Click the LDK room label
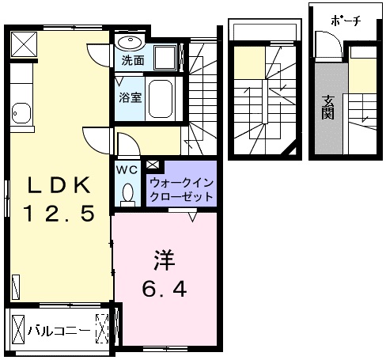(x=59, y=185)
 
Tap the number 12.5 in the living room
(x=59, y=213)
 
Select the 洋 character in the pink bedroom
(x=165, y=260)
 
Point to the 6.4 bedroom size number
(x=165, y=289)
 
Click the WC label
(x=127, y=169)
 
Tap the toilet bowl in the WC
(x=128, y=192)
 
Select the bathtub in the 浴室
(x=161, y=99)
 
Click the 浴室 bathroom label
(x=131, y=97)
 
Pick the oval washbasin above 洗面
(x=131, y=43)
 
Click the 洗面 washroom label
(x=133, y=61)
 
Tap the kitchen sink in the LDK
(x=21, y=113)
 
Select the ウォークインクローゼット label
(x=182, y=189)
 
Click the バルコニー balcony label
(x=59, y=330)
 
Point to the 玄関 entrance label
(x=328, y=107)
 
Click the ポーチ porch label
(x=346, y=21)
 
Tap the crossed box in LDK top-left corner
(x=24, y=44)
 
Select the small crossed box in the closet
(x=153, y=165)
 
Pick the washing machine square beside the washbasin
(x=165, y=58)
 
